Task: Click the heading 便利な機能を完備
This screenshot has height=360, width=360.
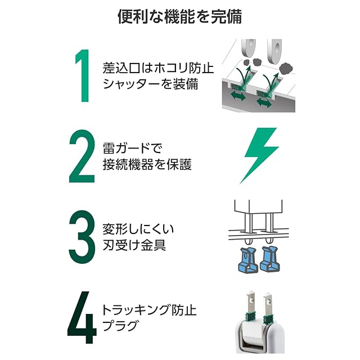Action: coord(180,16)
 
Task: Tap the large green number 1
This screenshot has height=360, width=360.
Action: coord(83,75)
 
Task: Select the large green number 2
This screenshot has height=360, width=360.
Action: coord(82,156)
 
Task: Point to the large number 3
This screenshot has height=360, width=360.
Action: coord(82,237)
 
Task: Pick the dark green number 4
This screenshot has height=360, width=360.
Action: coord(82,317)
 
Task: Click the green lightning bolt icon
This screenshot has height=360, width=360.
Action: coord(259,155)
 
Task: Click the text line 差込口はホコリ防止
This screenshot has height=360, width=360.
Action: coord(158,68)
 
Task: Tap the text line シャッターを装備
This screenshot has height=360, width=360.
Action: coord(150,84)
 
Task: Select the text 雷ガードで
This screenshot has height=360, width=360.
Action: coord(133,148)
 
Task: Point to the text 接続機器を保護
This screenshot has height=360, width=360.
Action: coord(147,164)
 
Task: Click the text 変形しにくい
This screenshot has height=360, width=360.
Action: coord(138,229)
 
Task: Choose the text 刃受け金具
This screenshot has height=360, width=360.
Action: coord(134,245)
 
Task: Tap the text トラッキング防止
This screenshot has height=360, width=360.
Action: coord(149,310)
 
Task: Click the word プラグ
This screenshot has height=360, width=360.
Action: coord(120,326)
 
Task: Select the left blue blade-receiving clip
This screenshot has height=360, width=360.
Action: coord(247,260)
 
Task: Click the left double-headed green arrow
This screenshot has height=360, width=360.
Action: coord(238,96)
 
